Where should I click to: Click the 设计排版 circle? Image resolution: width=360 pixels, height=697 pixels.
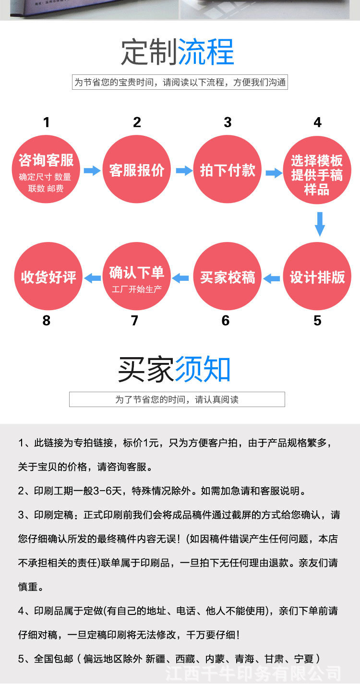(x=317, y=277)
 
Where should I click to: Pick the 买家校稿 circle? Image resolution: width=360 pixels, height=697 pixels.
(x=228, y=277)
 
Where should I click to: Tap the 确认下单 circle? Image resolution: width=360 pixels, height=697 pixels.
(x=137, y=277)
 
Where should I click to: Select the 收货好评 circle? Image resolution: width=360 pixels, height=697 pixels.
(x=48, y=277)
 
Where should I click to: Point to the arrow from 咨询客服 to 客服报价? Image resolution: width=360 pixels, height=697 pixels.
(x=92, y=170)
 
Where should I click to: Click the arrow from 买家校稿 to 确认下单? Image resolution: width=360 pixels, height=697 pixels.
(x=181, y=277)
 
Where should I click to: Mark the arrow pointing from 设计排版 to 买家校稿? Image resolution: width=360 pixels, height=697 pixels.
(x=272, y=277)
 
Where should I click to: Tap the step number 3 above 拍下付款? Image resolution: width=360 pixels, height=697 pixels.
(x=228, y=122)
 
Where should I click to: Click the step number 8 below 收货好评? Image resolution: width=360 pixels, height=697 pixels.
(x=46, y=321)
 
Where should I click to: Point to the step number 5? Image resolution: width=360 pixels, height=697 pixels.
(x=317, y=321)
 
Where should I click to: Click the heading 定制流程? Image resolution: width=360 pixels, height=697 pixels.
(x=178, y=52)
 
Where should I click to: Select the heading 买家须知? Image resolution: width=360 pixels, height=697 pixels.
(x=175, y=370)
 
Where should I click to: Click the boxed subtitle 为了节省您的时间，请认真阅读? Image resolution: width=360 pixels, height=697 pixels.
(x=177, y=399)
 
